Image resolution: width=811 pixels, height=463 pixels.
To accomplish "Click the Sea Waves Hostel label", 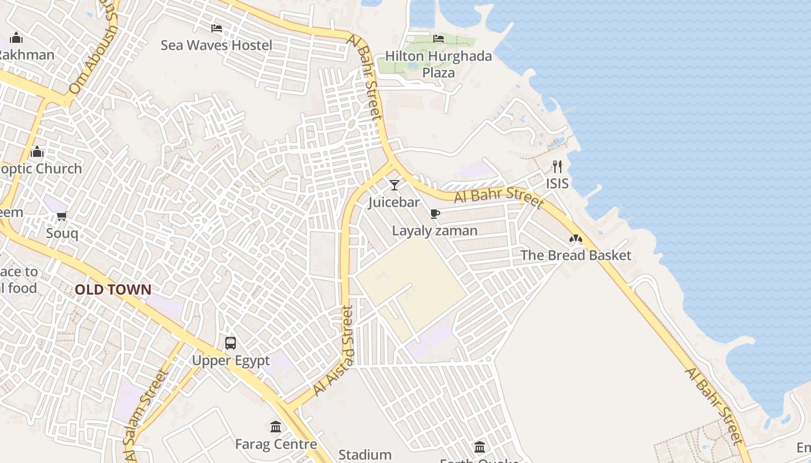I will point(216,45).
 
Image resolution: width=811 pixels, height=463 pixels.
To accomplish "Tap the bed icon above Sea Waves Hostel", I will point(217,28).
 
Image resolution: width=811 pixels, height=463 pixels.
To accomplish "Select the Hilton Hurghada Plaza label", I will point(439,64).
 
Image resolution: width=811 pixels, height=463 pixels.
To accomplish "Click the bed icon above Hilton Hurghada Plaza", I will point(439,38).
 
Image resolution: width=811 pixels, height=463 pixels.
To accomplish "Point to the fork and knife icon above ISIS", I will point(557,167).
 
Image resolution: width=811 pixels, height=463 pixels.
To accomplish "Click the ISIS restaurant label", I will point(557,183).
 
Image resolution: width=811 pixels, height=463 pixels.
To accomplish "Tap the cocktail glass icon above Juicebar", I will point(394,185).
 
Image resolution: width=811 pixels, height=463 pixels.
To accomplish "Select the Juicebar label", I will point(394,202).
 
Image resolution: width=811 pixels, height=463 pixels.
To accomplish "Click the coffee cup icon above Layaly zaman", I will point(435,214).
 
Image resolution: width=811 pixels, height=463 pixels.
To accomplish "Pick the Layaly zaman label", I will point(435,230).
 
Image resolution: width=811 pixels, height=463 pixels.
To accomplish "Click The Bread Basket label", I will point(575,255).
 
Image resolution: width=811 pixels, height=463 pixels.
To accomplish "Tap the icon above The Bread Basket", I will point(575,238).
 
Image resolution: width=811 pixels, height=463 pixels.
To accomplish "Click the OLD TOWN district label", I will point(113,289).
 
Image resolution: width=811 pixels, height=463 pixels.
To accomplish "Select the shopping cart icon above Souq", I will point(62,216).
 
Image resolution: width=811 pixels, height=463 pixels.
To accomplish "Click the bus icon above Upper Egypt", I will point(231,343).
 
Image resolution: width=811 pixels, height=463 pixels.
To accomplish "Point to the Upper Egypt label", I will point(231,361).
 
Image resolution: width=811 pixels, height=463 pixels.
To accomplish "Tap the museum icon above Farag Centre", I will point(276,427).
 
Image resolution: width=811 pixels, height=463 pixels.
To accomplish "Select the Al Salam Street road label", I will point(144,415).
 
